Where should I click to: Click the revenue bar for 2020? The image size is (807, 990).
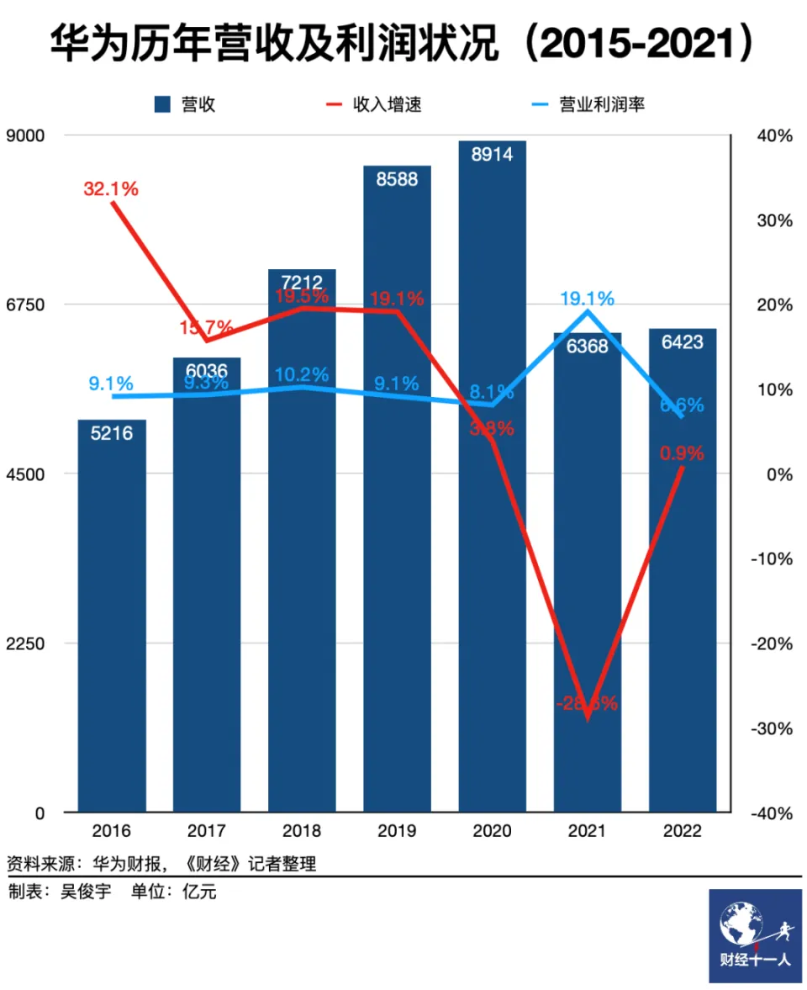(492, 505)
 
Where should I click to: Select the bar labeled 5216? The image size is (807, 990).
(112, 614)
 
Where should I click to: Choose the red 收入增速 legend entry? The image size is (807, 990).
(374, 104)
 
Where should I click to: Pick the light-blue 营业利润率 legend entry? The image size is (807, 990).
(588, 104)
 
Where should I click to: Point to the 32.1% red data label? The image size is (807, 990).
(111, 189)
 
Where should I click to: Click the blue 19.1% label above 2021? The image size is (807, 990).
(588, 299)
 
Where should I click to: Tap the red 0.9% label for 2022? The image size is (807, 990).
(681, 453)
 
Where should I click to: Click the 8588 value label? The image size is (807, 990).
(397, 179)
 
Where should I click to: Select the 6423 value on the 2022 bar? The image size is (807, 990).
(682, 342)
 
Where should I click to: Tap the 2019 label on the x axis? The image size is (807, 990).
(397, 832)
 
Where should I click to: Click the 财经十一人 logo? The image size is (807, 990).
(755, 935)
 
